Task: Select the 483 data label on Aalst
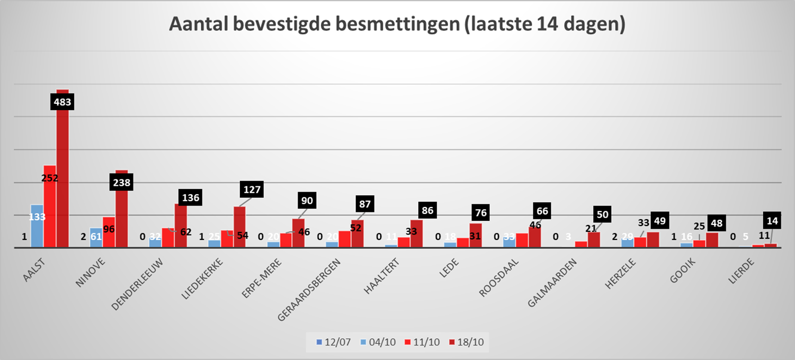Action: point(62,102)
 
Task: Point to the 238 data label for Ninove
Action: point(122,183)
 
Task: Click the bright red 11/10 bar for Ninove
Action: point(109,233)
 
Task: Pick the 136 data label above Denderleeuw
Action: point(190,198)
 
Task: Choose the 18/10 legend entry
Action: point(468,342)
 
